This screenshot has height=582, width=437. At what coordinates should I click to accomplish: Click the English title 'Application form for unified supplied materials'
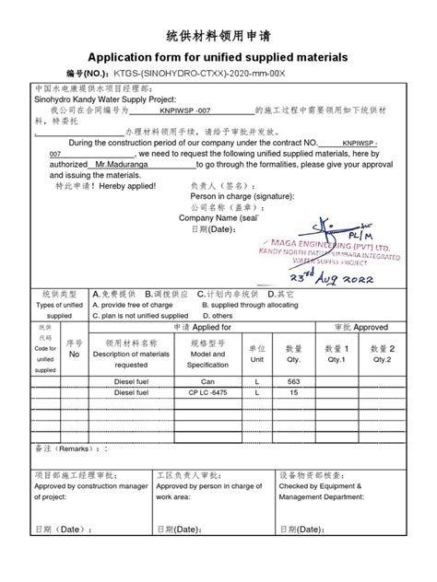click(218, 56)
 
